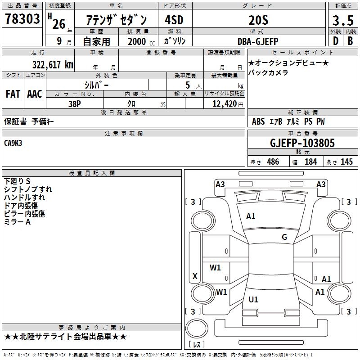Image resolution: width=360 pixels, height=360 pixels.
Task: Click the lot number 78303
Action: click(x=22, y=19)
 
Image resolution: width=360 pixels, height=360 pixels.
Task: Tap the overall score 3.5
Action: click(x=343, y=20)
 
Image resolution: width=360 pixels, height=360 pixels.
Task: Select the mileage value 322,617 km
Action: click(x=53, y=65)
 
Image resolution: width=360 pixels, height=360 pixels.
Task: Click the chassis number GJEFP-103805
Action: click(x=302, y=143)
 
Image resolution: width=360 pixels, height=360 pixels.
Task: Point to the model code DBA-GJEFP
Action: click(x=258, y=41)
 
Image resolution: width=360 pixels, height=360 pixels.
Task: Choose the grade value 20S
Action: click(x=258, y=20)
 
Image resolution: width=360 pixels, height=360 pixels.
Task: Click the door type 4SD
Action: click(x=174, y=20)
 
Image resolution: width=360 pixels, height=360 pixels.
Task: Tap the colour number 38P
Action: click(x=75, y=104)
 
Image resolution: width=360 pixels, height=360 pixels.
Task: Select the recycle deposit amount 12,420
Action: click(x=225, y=104)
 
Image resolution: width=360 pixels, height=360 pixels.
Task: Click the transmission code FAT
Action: click(x=13, y=94)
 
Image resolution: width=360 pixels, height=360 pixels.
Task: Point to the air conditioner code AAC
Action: click(x=35, y=94)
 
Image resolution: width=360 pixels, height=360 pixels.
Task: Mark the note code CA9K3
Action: click(x=13, y=143)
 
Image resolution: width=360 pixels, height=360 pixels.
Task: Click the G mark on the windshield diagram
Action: click(x=284, y=237)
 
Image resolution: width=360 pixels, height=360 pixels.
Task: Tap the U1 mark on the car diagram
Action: click(x=253, y=299)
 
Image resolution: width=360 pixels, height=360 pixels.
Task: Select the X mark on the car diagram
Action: click(x=195, y=276)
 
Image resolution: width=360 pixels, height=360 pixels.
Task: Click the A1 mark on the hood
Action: click(x=251, y=216)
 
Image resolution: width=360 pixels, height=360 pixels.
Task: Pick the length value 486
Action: click(x=273, y=162)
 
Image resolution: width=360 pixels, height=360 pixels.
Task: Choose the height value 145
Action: click(x=346, y=162)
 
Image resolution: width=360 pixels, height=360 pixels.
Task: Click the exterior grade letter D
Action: click(x=336, y=41)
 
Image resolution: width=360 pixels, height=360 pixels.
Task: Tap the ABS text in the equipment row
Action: click(x=258, y=121)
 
